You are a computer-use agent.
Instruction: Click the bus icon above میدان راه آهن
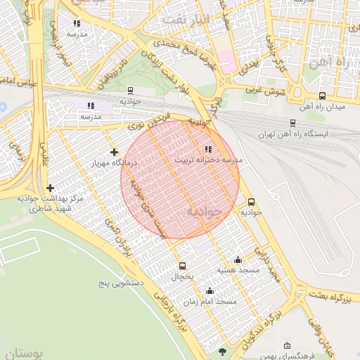(322, 96)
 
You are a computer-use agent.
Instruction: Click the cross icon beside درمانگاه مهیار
(114, 152)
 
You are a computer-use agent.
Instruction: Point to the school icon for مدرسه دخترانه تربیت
(207, 149)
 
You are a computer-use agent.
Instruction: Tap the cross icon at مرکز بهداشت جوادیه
(50, 188)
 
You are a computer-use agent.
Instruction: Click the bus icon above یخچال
(183, 266)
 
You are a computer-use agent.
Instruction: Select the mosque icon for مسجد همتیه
(238, 259)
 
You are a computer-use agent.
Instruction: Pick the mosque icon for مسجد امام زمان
(209, 291)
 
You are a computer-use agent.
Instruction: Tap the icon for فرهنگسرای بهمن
(287, 346)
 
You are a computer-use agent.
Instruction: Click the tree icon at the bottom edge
(224, 351)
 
